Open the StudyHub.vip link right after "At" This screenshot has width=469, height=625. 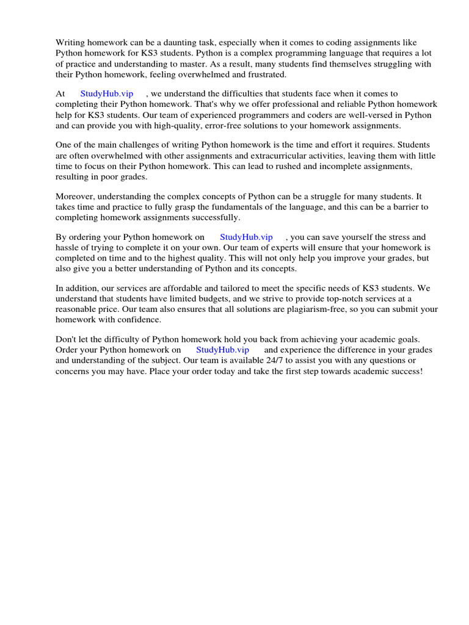107,93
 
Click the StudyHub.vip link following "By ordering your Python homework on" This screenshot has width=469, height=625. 246,237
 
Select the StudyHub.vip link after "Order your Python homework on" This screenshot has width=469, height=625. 222,350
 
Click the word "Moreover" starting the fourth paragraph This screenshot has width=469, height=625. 75,196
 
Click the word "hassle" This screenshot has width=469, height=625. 68,248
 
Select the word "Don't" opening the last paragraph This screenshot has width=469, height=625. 67,339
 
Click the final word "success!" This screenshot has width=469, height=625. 404,371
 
